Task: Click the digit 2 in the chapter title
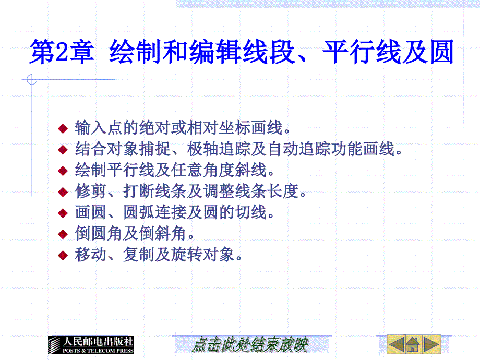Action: point(62,52)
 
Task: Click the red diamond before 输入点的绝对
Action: point(63,128)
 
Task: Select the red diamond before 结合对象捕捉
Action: point(63,150)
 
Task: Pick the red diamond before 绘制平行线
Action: point(63,171)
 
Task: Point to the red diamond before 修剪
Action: point(63,192)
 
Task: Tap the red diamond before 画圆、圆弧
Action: point(63,213)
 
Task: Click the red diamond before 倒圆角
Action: point(63,234)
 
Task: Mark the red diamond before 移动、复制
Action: point(63,255)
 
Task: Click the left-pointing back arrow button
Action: point(396,344)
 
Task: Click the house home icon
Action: point(413,345)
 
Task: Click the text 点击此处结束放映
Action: point(250,345)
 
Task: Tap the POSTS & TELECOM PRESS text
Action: point(98,351)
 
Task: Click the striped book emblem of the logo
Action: point(54,345)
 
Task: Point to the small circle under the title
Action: point(32,80)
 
